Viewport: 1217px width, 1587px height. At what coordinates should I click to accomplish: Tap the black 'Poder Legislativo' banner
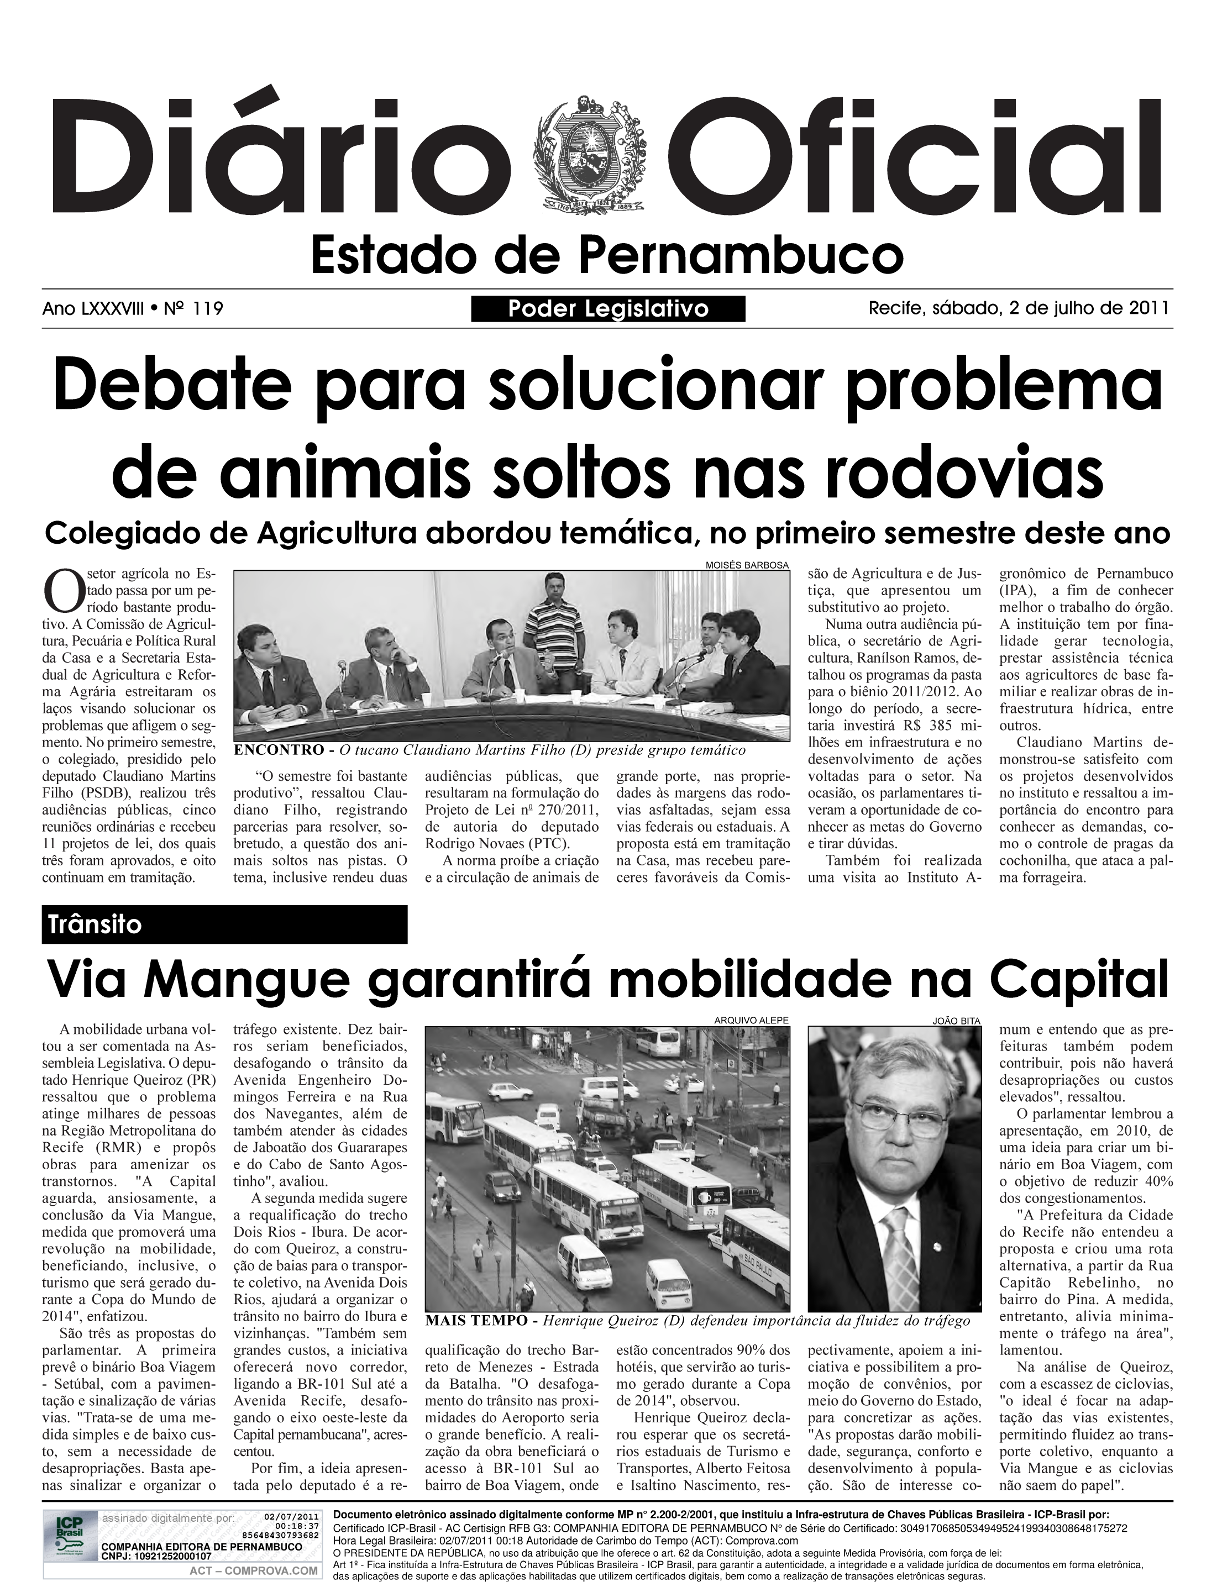[x=608, y=308]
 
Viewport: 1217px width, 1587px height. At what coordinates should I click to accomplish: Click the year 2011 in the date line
[x=1149, y=308]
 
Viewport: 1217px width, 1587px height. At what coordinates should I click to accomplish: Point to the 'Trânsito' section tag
[x=96, y=925]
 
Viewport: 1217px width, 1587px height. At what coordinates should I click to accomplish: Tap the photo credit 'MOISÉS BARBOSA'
[x=746, y=564]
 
